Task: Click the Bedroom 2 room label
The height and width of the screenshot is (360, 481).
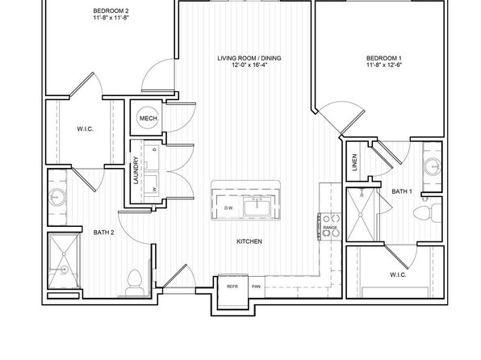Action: [111, 11]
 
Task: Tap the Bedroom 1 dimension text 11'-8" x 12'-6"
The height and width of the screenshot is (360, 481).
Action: [384, 65]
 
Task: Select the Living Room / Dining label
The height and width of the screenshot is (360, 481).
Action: [249, 58]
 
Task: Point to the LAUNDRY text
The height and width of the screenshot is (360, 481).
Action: [136, 170]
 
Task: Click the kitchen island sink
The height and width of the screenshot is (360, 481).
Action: [257, 206]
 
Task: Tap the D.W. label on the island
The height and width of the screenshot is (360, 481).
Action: [228, 207]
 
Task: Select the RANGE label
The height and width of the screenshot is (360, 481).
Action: [330, 228]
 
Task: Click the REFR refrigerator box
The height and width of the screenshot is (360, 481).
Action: [232, 291]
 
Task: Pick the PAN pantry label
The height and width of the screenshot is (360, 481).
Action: [256, 287]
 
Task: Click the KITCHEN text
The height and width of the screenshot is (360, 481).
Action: [249, 241]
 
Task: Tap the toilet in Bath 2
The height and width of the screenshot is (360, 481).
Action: [134, 283]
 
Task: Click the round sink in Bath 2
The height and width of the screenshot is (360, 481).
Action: [57, 197]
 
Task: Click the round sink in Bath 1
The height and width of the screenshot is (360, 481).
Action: [433, 166]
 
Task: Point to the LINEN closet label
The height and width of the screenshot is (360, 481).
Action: [354, 162]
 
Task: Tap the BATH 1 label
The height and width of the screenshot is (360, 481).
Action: [402, 191]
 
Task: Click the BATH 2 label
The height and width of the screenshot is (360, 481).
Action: [103, 232]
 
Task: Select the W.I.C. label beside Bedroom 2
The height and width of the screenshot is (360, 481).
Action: [85, 129]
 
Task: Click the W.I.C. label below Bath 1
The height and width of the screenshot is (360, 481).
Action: [398, 274]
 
